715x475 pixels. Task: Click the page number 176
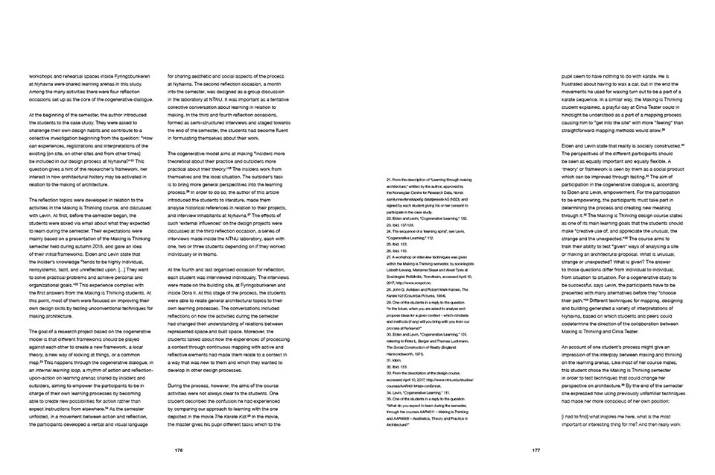[x=179, y=450]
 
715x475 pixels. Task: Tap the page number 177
[x=536, y=450]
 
